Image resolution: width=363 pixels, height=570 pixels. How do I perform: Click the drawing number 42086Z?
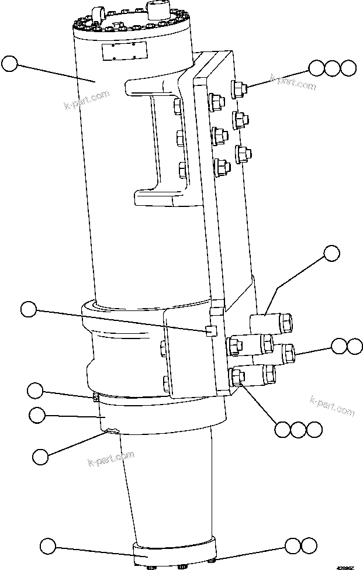[346, 566]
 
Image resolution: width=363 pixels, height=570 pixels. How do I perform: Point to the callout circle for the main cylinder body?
[10, 64]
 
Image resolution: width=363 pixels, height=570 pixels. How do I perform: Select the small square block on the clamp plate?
[211, 331]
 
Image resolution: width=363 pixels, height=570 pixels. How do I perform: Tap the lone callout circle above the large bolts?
[331, 253]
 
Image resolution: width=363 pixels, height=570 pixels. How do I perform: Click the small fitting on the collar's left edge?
[95, 398]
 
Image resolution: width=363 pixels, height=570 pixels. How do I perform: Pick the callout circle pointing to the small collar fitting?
[36, 390]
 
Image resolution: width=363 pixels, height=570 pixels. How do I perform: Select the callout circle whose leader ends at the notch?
[40, 456]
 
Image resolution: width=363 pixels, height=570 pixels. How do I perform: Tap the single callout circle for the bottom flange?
[47, 547]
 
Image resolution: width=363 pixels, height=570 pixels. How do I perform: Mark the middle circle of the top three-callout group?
[333, 68]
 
